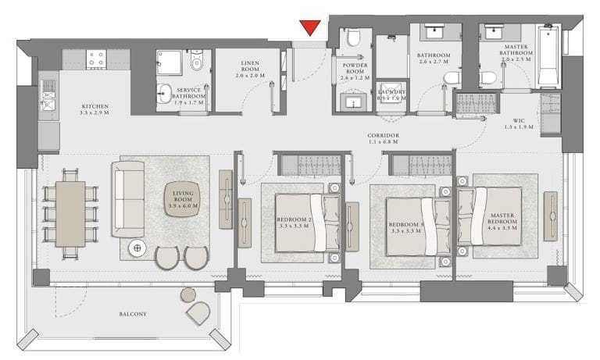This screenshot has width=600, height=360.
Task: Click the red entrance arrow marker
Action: [x=311, y=28]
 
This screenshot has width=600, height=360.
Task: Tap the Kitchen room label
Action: [x=94, y=109]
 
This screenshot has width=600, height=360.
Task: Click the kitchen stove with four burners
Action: [x=97, y=58]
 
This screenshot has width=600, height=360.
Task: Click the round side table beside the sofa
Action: [x=138, y=248]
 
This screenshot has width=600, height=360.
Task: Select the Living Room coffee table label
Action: [x=182, y=202]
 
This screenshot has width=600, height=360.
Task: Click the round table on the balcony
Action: [x=187, y=294]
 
